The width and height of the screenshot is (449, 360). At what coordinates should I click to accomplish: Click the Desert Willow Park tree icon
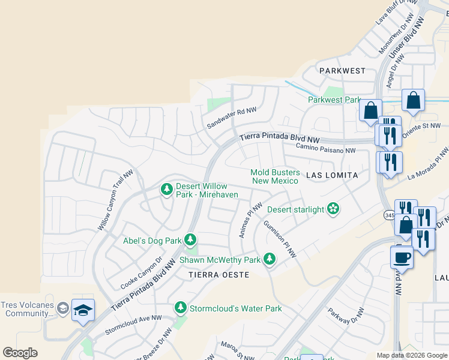pos(166,190)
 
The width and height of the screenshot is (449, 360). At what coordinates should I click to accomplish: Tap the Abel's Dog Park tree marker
pos(191,241)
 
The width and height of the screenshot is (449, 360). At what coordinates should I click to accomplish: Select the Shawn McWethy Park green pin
pos(270,259)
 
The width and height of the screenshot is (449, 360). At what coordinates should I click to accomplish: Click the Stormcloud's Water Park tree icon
pos(180,308)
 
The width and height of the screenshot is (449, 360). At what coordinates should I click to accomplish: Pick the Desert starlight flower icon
pos(333,209)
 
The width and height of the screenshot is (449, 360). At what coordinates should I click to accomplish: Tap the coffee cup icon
pos(402,257)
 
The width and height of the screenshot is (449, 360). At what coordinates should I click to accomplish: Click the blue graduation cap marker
pos(83,310)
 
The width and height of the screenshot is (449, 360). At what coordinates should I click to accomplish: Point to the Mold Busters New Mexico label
pos(274,176)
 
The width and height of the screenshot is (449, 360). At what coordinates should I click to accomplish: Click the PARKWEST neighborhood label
pos(342,71)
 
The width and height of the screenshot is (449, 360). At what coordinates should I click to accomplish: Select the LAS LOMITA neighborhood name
pos(332,175)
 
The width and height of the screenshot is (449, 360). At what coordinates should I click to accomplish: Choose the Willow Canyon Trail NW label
pos(115,200)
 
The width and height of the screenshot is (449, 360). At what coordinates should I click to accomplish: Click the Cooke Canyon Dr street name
pos(142,272)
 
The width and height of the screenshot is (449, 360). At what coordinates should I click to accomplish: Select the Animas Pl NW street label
pos(251,220)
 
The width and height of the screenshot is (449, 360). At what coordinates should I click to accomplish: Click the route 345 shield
pos(390,214)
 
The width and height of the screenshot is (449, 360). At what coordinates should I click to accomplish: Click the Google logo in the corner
pos(20,353)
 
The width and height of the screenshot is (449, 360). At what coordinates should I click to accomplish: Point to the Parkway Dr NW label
pos(346,322)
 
